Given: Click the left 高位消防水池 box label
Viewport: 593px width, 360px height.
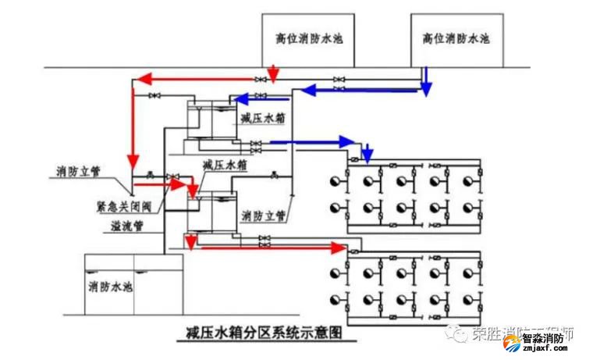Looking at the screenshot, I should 309,37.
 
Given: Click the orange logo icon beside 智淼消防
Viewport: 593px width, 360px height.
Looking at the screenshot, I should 512,340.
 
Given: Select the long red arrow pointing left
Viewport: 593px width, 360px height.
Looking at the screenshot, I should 203,78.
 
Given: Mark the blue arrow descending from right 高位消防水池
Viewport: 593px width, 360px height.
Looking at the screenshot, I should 425,80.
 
